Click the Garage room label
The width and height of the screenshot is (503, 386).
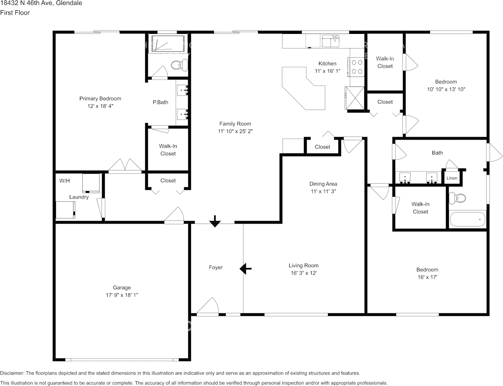tap(122, 288)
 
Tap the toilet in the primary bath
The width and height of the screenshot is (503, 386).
tap(179, 65)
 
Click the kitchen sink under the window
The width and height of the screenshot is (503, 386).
tap(331, 41)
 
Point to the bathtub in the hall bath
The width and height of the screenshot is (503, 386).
tap(468, 220)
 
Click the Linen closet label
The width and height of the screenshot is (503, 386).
tap(452, 178)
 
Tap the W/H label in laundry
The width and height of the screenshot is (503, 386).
tap(64, 180)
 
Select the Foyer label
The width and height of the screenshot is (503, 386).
tap(216, 268)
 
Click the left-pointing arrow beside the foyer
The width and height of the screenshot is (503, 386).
tap(246, 268)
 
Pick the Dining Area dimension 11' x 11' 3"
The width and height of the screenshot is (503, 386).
tap(323, 191)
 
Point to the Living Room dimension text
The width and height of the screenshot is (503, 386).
tap(304, 273)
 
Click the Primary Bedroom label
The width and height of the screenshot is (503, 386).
tap(100, 98)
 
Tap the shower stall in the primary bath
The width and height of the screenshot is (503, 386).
tap(168, 44)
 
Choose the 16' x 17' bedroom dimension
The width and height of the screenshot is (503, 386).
tap(427, 277)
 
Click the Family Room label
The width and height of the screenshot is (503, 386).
tap(235, 124)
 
